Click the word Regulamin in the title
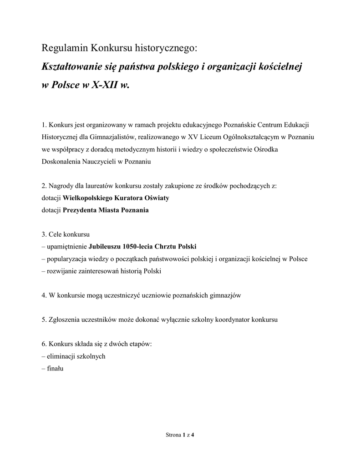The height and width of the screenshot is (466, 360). (x=65, y=48)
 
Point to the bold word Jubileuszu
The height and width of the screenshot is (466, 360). (x=103, y=247)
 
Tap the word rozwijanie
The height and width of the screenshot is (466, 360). (x=61, y=271)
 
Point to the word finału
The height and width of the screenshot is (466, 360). (x=55, y=369)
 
